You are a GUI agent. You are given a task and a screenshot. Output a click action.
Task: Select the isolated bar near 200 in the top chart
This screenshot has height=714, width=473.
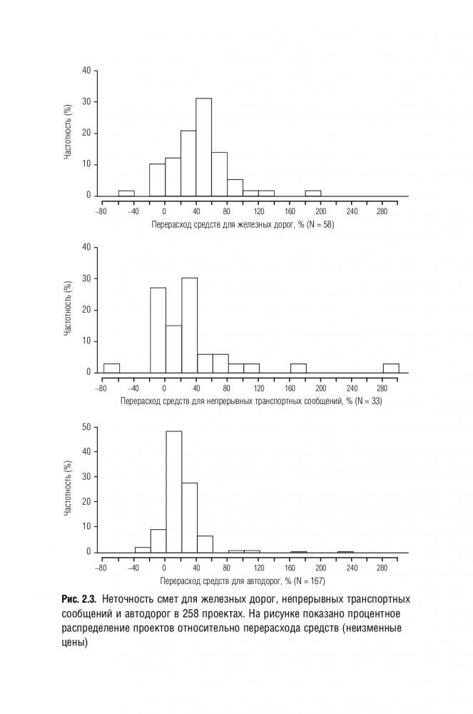click(x=312, y=193)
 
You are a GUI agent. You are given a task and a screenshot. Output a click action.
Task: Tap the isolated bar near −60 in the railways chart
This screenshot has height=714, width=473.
click(x=126, y=193)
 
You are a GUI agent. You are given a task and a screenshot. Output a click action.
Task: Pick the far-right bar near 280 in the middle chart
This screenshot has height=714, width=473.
click(x=390, y=368)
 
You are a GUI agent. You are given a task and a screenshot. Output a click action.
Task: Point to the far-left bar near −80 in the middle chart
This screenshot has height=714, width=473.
click(x=111, y=368)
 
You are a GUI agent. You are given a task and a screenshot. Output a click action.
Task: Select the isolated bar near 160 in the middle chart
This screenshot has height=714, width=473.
click(x=297, y=368)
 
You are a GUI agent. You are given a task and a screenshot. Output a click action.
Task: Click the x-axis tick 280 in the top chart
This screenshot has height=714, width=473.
click(x=382, y=211)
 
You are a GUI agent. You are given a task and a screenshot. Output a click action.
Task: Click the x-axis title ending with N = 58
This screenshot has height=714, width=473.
click(x=243, y=224)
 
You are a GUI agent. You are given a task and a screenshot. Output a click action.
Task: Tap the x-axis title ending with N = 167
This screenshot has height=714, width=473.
click(x=243, y=581)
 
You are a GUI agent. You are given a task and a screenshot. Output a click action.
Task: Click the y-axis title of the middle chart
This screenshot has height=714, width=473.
click(x=68, y=309)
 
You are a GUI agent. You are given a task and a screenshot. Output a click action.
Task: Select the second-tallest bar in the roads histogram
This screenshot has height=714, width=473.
click(x=189, y=517)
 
